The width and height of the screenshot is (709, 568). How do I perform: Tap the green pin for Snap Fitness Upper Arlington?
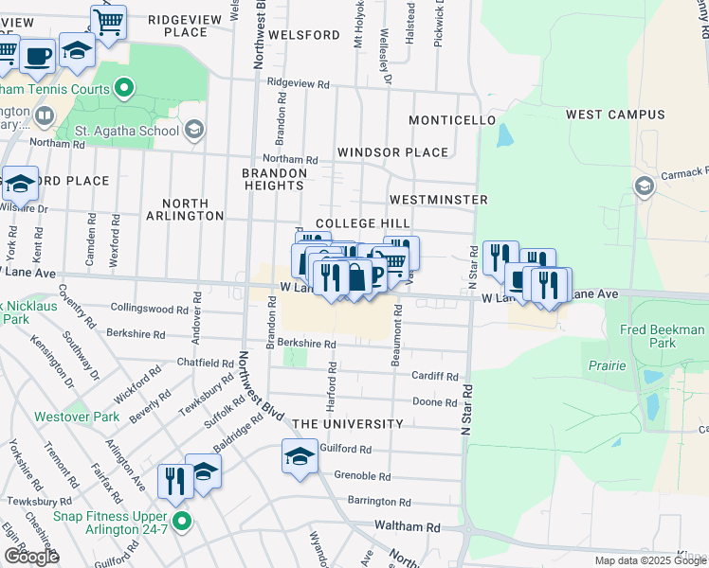(182, 521)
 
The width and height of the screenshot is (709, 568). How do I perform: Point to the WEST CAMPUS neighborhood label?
(615, 115)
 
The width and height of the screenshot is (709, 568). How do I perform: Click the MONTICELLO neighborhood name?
(452, 121)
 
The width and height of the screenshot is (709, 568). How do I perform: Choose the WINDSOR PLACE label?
(392, 152)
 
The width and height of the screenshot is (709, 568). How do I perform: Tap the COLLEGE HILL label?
(362, 223)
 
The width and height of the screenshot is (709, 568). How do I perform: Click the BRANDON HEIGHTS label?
(274, 180)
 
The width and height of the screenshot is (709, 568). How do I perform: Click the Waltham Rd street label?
(408, 527)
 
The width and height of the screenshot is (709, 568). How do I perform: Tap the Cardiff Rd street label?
(434, 376)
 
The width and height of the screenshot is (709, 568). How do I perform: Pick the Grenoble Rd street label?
(362, 475)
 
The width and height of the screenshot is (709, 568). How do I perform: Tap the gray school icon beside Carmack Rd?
(645, 186)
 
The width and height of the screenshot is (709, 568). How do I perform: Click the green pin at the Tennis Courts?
(123, 90)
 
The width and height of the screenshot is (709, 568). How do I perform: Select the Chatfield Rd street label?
(206, 363)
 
